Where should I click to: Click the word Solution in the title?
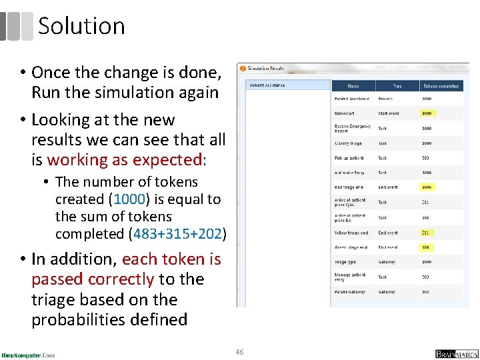tap(81, 26)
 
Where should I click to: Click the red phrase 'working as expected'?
tap(125, 160)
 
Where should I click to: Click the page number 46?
tap(239, 351)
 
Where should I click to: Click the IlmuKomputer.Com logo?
tap(28, 355)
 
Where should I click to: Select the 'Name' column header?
tap(353, 86)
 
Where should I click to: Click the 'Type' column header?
tap(397, 86)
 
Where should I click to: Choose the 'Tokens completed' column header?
tap(441, 86)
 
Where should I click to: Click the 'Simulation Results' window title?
tap(266, 68)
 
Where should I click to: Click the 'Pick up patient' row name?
tap(349, 158)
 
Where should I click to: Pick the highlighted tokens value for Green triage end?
tap(426, 247)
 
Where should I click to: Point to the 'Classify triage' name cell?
tap(349, 143)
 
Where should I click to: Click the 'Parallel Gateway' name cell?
tap(351, 292)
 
